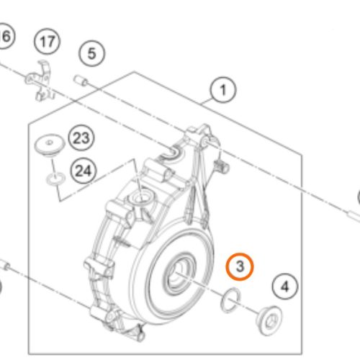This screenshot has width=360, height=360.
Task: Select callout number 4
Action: pyautogui.click(x=285, y=287)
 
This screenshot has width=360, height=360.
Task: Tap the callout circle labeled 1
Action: pyautogui.click(x=223, y=91)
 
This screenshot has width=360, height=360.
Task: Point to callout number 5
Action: pyautogui.click(x=91, y=53)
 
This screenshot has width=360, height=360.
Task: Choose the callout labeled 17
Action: pyautogui.click(x=48, y=42)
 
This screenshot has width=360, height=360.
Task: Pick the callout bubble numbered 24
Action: pyautogui.click(x=84, y=171)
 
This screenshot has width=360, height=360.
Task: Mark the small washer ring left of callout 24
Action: pyautogui.click(x=53, y=176)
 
